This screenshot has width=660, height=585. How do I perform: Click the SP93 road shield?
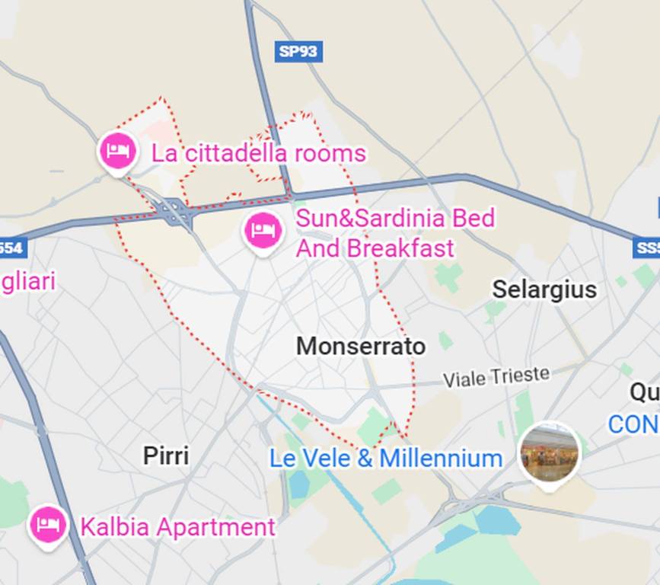pos(299,51)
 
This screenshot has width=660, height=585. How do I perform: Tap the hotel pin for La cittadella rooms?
pos(117,150)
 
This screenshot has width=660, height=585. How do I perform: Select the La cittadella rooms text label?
pos(258,153)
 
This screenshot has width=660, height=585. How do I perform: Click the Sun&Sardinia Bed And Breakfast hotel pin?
pos(263,230)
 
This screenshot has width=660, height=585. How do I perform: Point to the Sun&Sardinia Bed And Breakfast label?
pos(394,232)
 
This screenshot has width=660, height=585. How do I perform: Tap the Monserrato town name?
pos(361,347)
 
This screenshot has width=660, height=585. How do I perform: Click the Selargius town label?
pos(544,289)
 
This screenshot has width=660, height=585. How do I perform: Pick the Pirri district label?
pos(166,456)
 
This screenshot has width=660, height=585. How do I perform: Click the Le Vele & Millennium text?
pos(386,459)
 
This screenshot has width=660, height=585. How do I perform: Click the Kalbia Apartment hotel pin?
pos(47,525)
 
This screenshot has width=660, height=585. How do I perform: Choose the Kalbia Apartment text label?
pos(177,527)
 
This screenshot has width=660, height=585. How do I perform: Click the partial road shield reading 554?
pos(12,248)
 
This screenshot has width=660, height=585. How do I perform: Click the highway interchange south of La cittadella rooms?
pos(176,211)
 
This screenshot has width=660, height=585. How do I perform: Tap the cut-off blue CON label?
pos(633,424)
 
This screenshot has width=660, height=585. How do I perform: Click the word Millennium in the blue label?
pos(441,459)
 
